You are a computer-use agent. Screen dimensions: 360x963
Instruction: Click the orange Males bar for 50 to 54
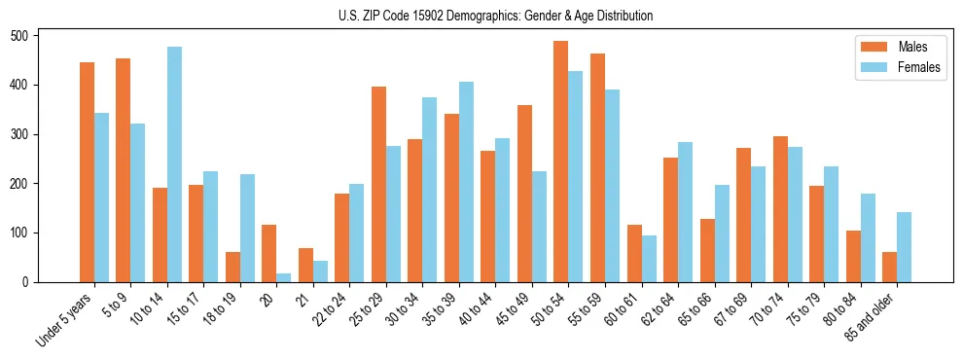pyautogui.click(x=561, y=162)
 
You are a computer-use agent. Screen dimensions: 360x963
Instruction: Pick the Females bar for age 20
pyautogui.click(x=283, y=277)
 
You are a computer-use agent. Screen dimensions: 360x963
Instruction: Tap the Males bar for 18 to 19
pyautogui.click(x=232, y=268)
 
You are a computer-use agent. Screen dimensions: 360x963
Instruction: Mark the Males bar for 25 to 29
pyautogui.click(x=378, y=185)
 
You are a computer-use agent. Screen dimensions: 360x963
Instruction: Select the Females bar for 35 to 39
pyautogui.click(x=466, y=182)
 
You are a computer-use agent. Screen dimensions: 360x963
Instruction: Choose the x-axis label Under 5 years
pyautogui.click(x=65, y=320)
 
